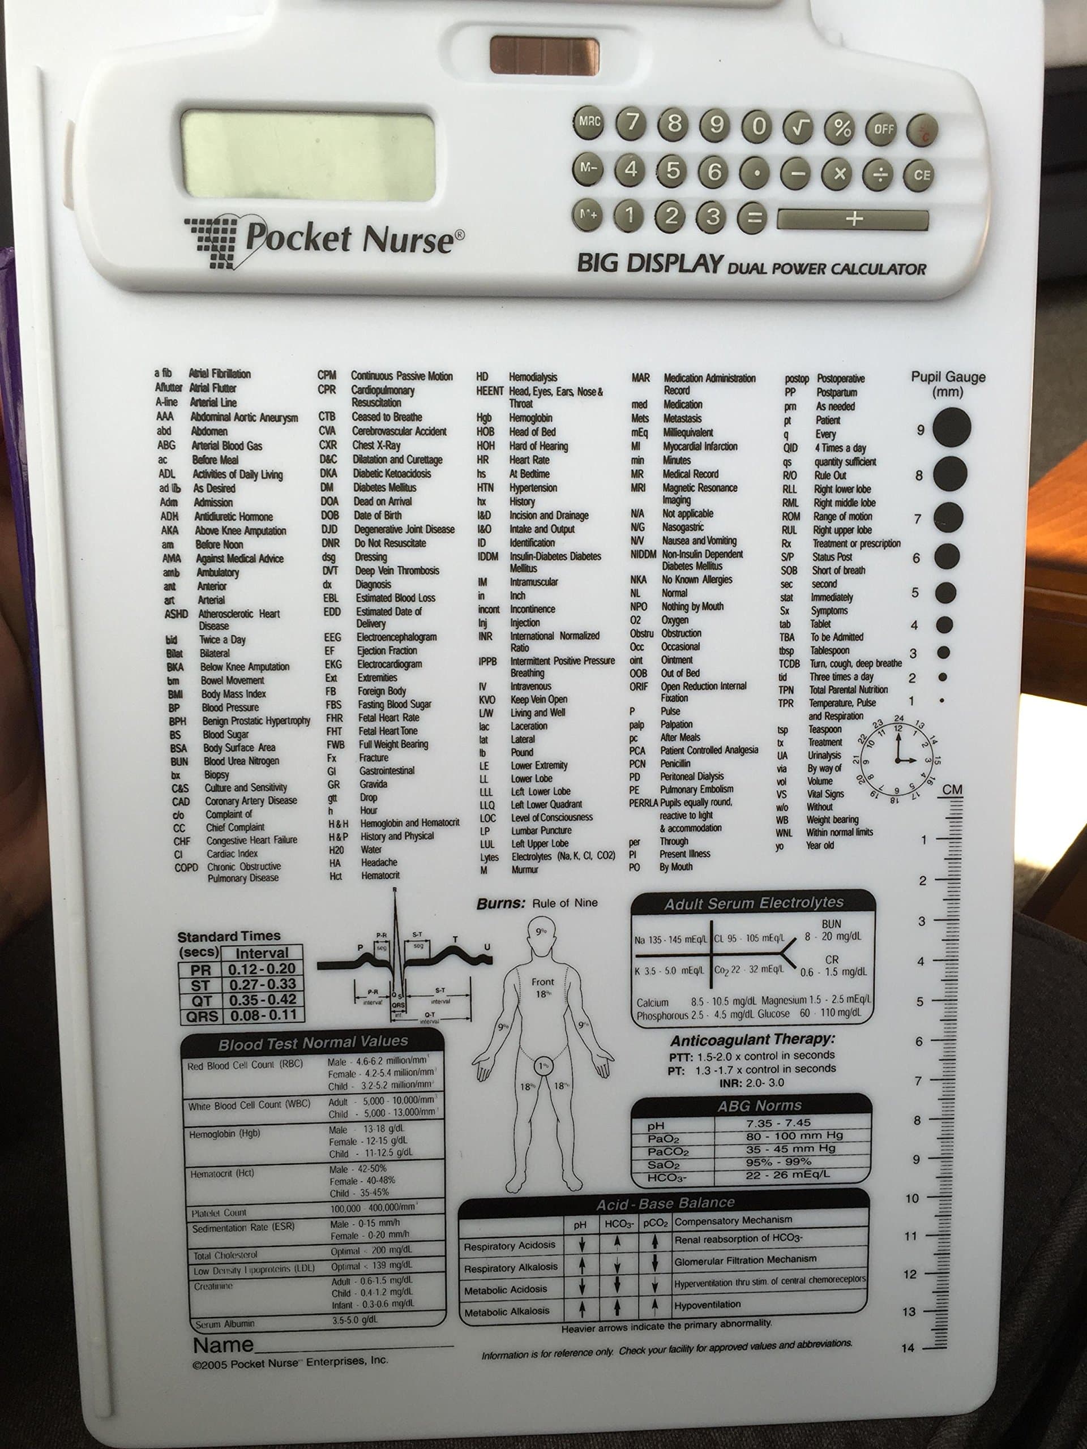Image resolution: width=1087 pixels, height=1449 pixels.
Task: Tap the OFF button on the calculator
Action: (883, 129)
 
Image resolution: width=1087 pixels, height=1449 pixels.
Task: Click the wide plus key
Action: (853, 220)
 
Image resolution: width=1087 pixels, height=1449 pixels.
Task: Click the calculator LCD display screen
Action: (308, 155)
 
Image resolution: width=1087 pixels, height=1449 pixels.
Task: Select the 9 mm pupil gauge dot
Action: (951, 427)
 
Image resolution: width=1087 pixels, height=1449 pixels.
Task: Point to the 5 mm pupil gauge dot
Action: (945, 592)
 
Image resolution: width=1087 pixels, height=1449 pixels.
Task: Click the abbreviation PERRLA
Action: (643, 803)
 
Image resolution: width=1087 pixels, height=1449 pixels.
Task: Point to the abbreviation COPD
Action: (186, 867)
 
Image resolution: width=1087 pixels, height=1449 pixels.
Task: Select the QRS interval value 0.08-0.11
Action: (262, 1015)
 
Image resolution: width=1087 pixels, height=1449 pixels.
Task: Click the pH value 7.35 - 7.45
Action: (778, 1123)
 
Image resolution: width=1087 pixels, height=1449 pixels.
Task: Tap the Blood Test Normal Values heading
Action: (313, 1042)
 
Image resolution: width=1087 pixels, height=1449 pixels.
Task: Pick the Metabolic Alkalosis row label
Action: (507, 1311)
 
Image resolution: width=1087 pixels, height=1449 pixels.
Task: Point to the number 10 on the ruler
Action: (911, 1198)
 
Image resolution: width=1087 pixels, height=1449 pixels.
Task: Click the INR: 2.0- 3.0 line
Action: (751, 1083)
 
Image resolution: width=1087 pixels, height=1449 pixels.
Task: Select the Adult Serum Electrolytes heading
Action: (754, 903)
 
